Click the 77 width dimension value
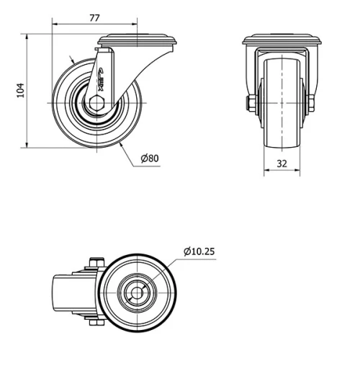[x=94, y=19]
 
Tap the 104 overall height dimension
[x=21, y=89]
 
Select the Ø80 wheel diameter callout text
[x=150, y=158]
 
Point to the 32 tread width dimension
[x=283, y=164]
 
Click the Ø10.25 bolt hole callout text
[x=199, y=251]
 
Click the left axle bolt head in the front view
[x=249, y=104]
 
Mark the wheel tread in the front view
[x=281, y=101]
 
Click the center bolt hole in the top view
[x=136, y=293]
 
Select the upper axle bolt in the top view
[x=94, y=263]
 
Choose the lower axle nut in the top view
[x=94, y=323]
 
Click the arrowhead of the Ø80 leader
[x=123, y=147]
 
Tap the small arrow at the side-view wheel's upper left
[x=71, y=60]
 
